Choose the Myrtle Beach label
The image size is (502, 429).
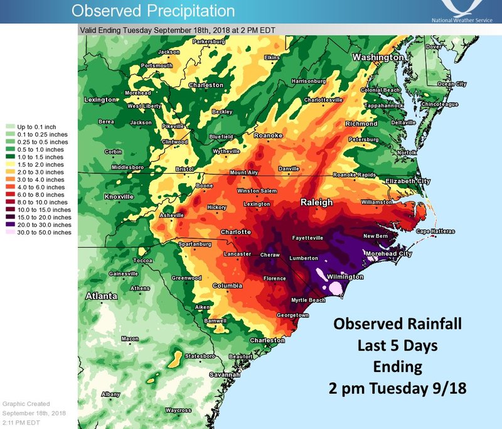tap(308, 300)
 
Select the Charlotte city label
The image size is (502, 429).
tap(235, 232)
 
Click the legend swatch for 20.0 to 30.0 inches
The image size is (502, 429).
tap(10, 224)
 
